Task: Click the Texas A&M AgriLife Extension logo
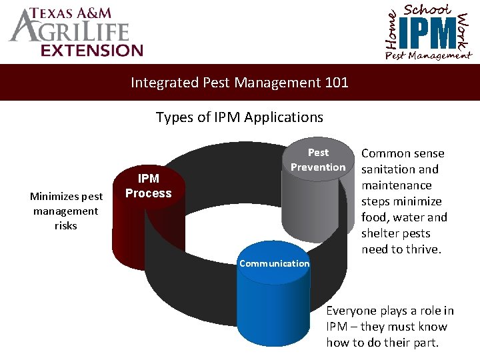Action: point(75,31)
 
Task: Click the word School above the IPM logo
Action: point(427,9)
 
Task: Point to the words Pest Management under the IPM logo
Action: point(427,55)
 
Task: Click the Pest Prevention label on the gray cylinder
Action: point(318,160)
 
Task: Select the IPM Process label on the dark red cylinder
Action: point(148,186)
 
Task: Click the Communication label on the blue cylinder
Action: point(274,263)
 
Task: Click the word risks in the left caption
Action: point(66,225)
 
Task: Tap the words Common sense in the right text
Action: point(403,153)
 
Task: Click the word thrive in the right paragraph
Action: point(423,249)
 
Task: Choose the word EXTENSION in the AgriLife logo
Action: point(92,50)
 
